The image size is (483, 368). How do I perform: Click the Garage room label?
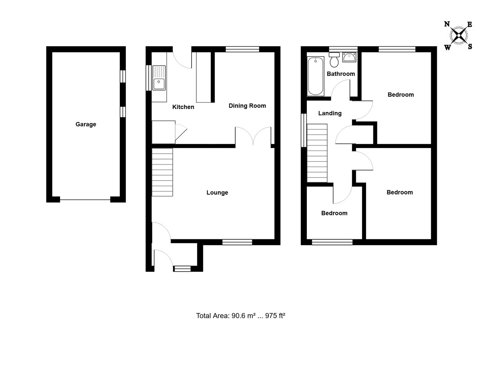point(86,124)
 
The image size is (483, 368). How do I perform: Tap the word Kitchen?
point(183,107)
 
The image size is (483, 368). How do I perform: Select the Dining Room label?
point(247,106)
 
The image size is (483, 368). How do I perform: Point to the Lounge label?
point(217,193)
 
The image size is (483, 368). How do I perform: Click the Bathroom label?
point(341,74)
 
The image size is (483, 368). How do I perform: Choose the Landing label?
point(330,113)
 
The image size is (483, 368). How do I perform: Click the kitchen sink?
point(159,78)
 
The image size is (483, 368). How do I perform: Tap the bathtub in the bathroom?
point(316,76)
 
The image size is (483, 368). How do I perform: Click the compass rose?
point(459,35)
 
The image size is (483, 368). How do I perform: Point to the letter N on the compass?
point(447,24)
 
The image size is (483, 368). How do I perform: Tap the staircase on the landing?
point(317,153)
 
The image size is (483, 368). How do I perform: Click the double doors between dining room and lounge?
point(253,136)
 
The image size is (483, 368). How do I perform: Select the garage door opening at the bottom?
point(85,200)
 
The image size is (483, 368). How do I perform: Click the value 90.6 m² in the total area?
point(243,316)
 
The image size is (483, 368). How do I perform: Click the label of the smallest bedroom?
point(334,213)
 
